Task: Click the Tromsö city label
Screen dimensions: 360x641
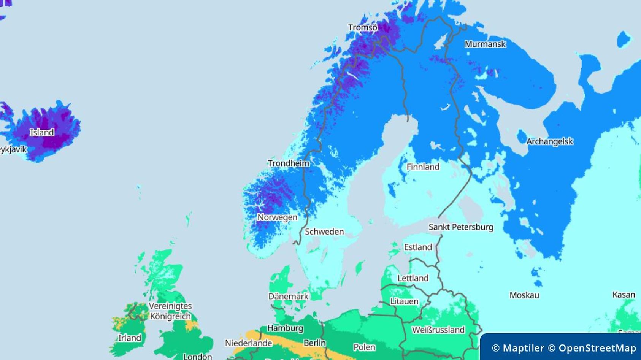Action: pyautogui.click(x=363, y=28)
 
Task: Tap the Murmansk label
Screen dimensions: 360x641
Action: pyautogui.click(x=485, y=44)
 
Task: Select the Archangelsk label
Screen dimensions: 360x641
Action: pyautogui.click(x=549, y=141)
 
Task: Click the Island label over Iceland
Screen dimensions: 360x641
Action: pyautogui.click(x=42, y=132)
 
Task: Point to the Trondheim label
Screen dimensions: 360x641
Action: pyautogui.click(x=289, y=163)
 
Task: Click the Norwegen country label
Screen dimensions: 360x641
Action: pyautogui.click(x=278, y=217)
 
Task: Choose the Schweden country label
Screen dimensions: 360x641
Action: pyautogui.click(x=324, y=232)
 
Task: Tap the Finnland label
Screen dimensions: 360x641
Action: pyautogui.click(x=423, y=167)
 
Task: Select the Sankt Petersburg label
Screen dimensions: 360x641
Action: pyautogui.click(x=461, y=227)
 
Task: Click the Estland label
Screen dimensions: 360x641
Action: pyautogui.click(x=418, y=247)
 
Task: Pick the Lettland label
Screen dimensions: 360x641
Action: pyautogui.click(x=413, y=278)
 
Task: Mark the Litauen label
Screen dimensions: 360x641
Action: pyautogui.click(x=404, y=301)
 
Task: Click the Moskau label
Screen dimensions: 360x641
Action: pyautogui.click(x=524, y=295)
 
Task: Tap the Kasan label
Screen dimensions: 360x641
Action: pyautogui.click(x=624, y=295)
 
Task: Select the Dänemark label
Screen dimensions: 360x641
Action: pyautogui.click(x=288, y=296)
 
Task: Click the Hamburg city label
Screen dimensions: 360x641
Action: pyautogui.click(x=285, y=328)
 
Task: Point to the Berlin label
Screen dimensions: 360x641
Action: pyautogui.click(x=314, y=343)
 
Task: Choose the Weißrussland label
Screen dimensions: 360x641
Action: pyautogui.click(x=438, y=330)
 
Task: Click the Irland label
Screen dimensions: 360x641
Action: pyautogui.click(x=130, y=338)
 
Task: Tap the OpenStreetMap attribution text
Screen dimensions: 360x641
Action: pyautogui.click(x=597, y=348)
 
